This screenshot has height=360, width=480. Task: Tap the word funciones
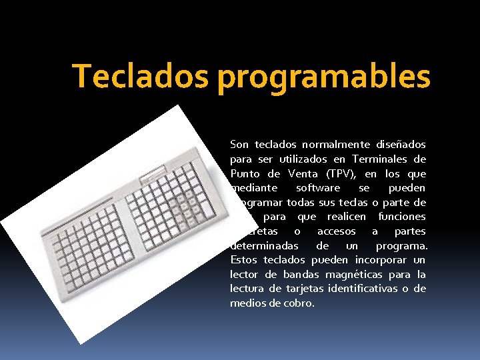click(x=402, y=217)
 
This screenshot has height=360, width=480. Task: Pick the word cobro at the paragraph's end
click(x=299, y=303)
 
